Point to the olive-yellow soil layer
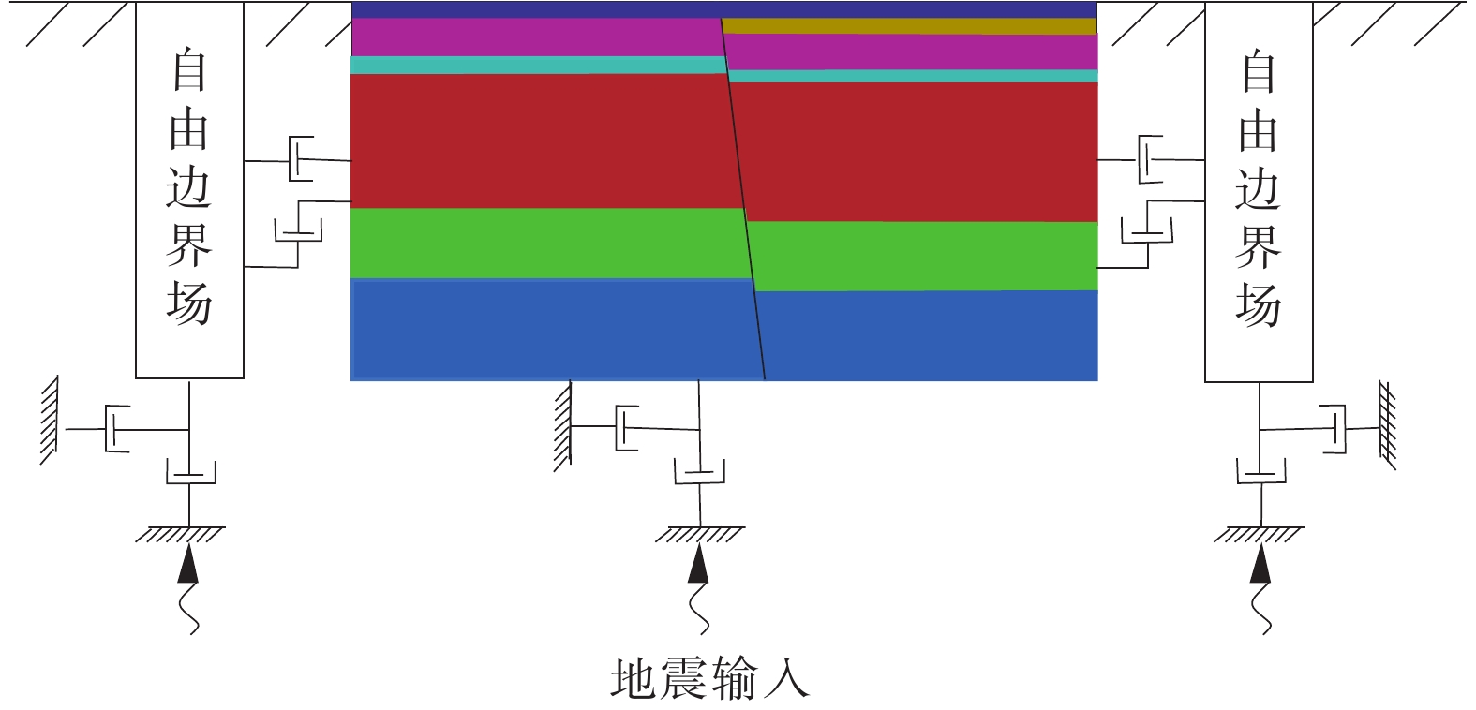(909, 25)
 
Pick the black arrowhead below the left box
(187, 564)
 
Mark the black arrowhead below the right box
(1260, 564)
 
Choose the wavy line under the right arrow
(1261, 609)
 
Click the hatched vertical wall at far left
(50, 421)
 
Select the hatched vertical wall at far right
(1388, 425)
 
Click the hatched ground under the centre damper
(700, 534)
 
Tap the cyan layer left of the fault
(538, 65)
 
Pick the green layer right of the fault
(922, 256)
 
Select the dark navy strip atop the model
(724, 9)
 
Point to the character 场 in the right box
(1259, 305)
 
